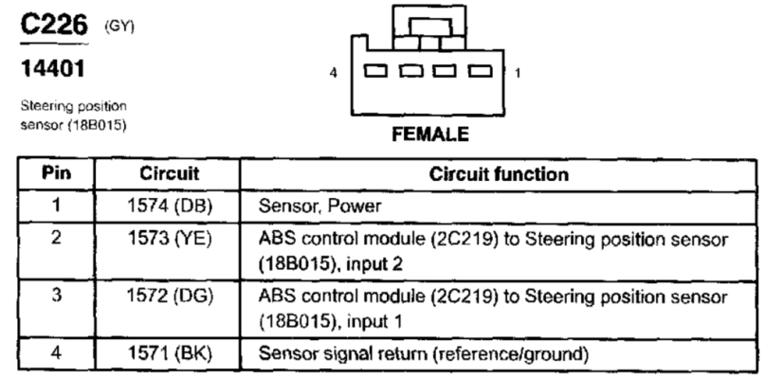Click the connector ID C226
54,24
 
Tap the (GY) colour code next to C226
119,27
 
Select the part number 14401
52,68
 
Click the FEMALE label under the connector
430,135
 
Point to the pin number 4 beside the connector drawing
333,73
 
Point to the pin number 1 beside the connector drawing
518,73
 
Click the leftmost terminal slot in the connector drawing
376,71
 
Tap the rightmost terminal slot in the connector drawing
481,71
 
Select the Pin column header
56,172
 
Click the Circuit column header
169,173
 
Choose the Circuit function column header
499,174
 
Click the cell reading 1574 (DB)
170,207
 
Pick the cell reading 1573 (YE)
170,239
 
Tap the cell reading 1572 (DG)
170,297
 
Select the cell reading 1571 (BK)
170,353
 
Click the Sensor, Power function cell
319,207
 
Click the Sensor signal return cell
423,353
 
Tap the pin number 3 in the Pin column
56,296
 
